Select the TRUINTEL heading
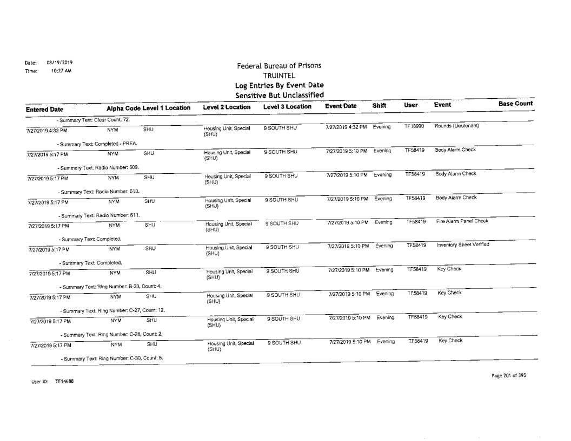tap(276, 76)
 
